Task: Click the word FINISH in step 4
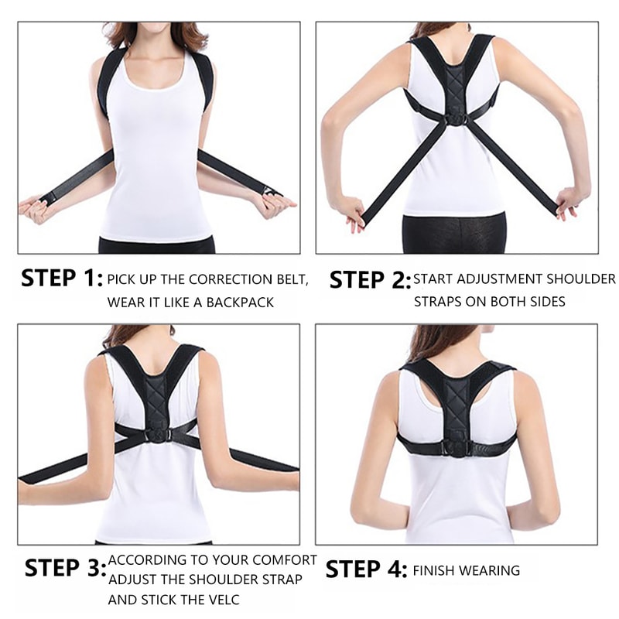435,571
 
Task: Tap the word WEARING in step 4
490,571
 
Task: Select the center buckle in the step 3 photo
157,435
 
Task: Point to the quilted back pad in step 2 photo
456,81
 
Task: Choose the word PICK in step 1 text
121,279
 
